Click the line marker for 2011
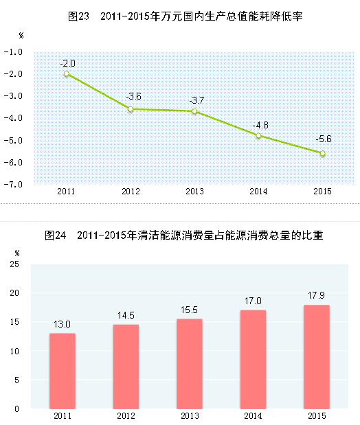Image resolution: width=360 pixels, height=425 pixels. pyautogui.click(x=67, y=73)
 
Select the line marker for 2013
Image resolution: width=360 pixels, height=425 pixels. pyautogui.click(x=194, y=111)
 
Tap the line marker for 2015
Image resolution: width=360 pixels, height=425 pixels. pyautogui.click(x=322, y=153)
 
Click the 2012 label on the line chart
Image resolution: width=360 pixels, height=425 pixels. pyautogui.click(x=131, y=192)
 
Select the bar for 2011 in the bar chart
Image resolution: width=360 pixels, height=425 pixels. pyautogui.click(x=63, y=371)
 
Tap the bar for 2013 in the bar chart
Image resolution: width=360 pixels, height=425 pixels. pyautogui.click(x=190, y=363)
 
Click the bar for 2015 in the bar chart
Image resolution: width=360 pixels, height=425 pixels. pyautogui.click(x=317, y=356)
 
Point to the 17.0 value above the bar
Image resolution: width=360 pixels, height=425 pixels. pyautogui.click(x=254, y=301)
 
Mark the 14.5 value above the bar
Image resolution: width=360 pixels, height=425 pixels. pyautogui.click(x=126, y=315)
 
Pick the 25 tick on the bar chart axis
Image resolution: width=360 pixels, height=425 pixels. pyautogui.click(x=15, y=264)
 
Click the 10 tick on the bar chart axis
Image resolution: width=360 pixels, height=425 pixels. pyautogui.click(x=15, y=351)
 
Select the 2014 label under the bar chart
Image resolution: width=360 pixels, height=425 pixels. pyautogui.click(x=254, y=415)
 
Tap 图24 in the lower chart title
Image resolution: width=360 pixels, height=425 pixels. pyautogui.click(x=54, y=236)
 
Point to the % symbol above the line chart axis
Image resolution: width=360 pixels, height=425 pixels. pyautogui.click(x=21, y=34)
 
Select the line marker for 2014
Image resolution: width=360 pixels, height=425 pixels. pyautogui.click(x=258, y=136)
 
